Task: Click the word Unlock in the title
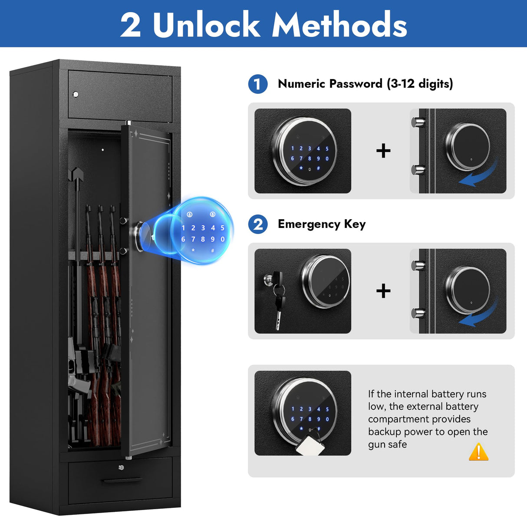click(206, 25)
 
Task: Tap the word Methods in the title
click(339, 25)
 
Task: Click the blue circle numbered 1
click(258, 84)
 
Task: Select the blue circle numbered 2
click(258, 224)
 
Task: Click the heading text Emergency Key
click(322, 224)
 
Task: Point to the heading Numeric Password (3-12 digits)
click(365, 84)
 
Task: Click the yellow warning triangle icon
click(478, 452)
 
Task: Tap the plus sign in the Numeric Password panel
click(383, 151)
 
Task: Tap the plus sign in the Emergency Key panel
click(383, 291)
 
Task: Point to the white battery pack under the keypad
click(310, 445)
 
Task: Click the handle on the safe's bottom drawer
click(122, 481)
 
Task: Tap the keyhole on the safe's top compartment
click(76, 94)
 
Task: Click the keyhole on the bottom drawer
click(121, 468)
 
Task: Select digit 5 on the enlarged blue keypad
click(222, 227)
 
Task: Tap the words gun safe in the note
click(387, 444)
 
